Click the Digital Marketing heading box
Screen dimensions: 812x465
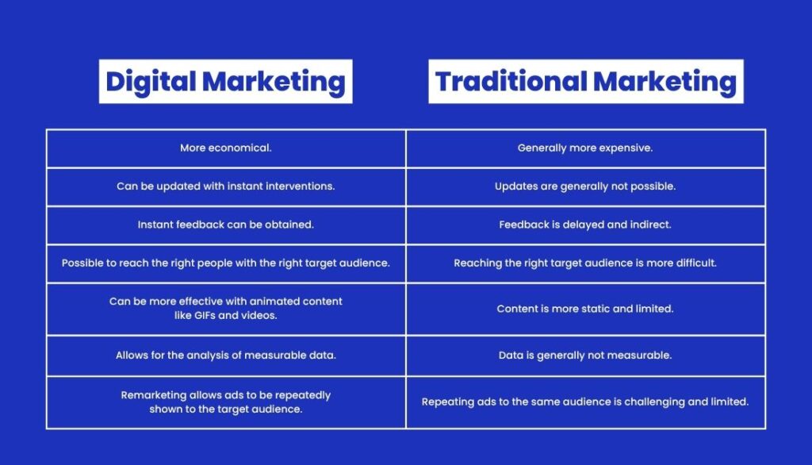(226, 82)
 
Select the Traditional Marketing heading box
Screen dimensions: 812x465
(586, 82)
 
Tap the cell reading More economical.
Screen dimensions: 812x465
(226, 148)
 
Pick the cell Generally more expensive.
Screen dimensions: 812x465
(586, 148)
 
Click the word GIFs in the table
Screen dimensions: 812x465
(205, 315)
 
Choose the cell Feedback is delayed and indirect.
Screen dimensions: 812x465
(586, 225)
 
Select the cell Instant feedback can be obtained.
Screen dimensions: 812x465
(226, 225)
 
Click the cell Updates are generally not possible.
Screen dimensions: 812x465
(586, 186)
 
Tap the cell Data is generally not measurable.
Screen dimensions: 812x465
(586, 355)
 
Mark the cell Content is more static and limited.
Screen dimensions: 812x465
(586, 309)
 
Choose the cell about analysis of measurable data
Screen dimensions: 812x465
(226, 355)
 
